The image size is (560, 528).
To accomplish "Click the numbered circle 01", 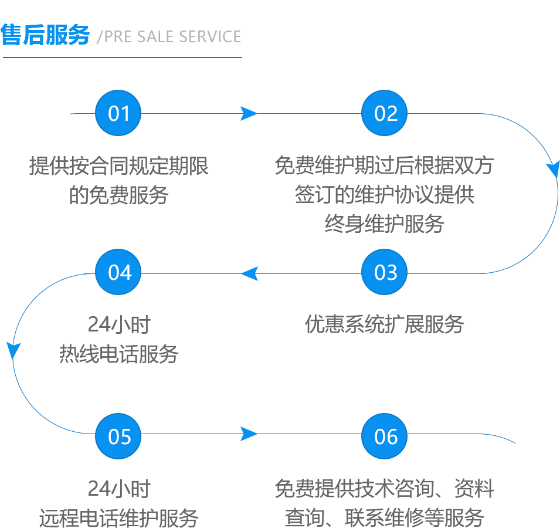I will pos(119,113).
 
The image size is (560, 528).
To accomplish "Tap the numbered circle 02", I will pos(385,113).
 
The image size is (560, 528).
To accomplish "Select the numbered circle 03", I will pos(385,272).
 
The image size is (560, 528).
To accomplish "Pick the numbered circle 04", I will pos(119,272).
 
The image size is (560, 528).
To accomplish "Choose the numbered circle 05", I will pos(119,436).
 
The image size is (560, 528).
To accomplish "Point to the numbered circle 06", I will pos(385,436).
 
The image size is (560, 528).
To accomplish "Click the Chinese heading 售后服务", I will pos(46,36).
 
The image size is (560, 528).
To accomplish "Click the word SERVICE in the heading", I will pos(210,36).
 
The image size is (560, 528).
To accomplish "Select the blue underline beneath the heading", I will pos(122,57).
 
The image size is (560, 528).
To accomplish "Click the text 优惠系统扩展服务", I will pos(385,324).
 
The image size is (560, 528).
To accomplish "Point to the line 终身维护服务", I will pos(385,223).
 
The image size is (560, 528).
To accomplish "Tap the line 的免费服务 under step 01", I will pos(119,194).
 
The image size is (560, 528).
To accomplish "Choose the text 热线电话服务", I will pos(118,353).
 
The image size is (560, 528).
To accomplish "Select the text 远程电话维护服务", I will pos(118,517).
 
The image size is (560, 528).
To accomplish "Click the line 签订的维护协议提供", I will pos(385,195).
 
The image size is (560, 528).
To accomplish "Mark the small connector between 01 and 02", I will pos(249,113).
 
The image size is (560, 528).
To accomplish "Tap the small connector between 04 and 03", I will pos(249,273).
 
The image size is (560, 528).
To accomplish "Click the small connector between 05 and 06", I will pos(249,434).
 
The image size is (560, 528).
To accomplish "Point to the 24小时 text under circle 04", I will pos(119,324).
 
